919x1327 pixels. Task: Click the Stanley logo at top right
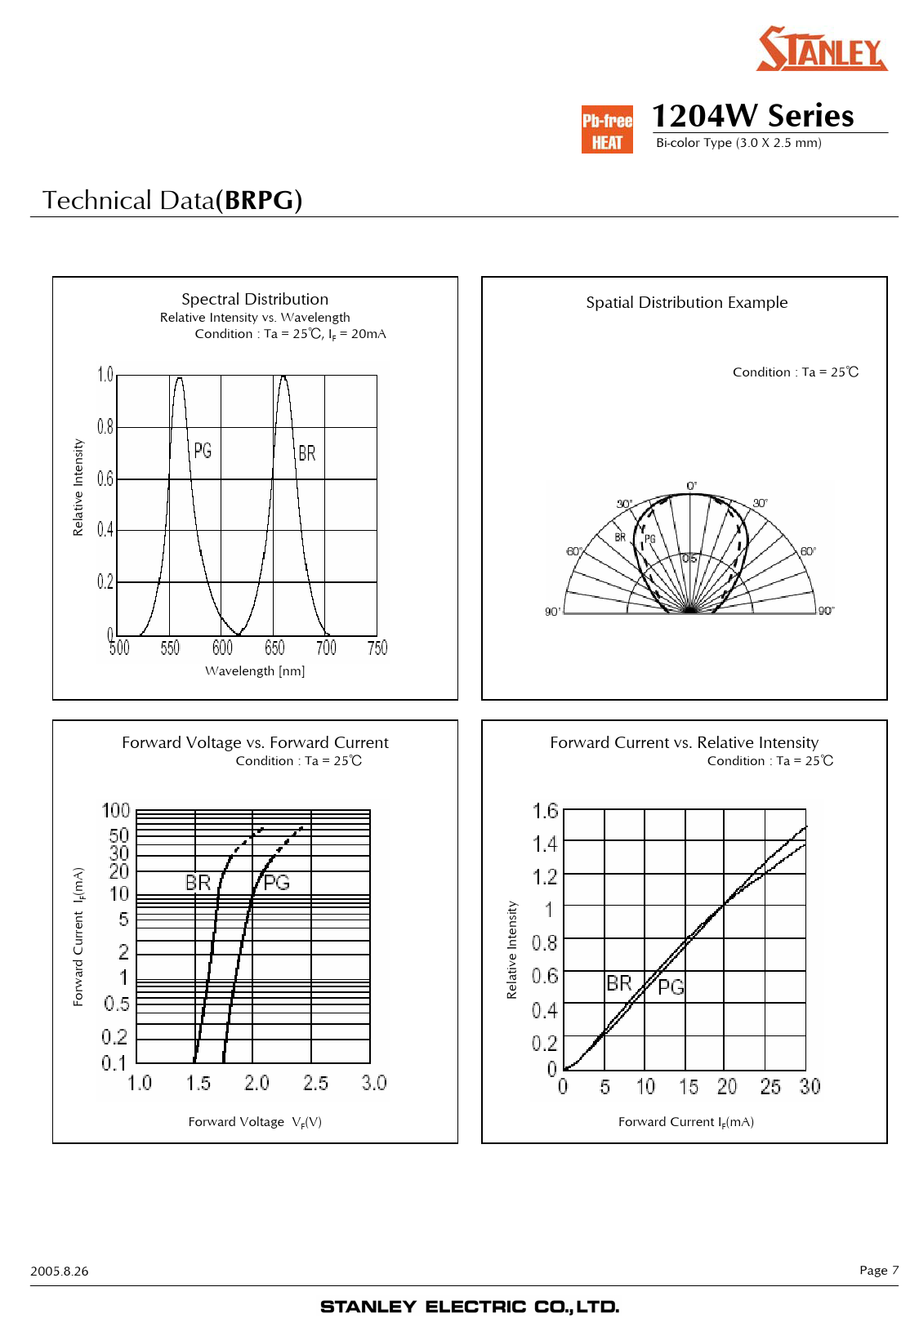pos(821,48)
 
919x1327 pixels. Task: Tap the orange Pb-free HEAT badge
pos(607,129)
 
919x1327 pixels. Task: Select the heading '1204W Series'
pos(752,115)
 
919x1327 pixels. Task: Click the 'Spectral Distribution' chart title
pos(255,299)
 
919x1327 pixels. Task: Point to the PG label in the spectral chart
pos(203,451)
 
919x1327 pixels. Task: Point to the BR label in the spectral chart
pos(307,453)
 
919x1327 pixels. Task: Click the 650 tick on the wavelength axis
pos(274,648)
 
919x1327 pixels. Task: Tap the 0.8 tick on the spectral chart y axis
pos(105,426)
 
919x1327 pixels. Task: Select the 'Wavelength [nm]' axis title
pos(255,670)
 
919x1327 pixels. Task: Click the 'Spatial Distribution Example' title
pos(687,302)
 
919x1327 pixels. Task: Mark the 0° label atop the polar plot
pos(691,486)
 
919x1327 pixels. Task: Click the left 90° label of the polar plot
pos(552,612)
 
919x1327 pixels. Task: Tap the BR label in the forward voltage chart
pos(198,883)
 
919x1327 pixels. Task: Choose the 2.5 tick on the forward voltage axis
pos(315,1083)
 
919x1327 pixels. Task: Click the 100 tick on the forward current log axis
pos(115,810)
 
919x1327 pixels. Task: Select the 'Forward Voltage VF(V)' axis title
pos(255,1121)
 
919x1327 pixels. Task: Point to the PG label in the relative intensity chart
pos(671,987)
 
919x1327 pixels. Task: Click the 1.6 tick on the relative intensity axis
pos(545,810)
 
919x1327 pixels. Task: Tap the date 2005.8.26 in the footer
pos(60,1271)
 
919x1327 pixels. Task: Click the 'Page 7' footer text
pos(879,1270)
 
